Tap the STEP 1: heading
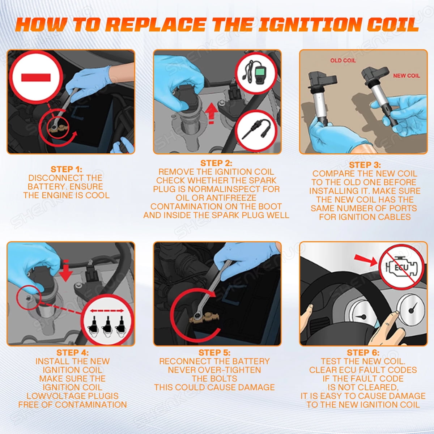pos(67,169)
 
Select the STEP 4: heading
pos(72,353)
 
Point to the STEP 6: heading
pos(363,353)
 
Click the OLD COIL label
pos(343,60)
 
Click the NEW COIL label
pos(407,76)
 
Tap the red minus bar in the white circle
pos(36,77)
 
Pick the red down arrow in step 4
pos(66,270)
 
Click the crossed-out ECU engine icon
pos(401,267)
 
